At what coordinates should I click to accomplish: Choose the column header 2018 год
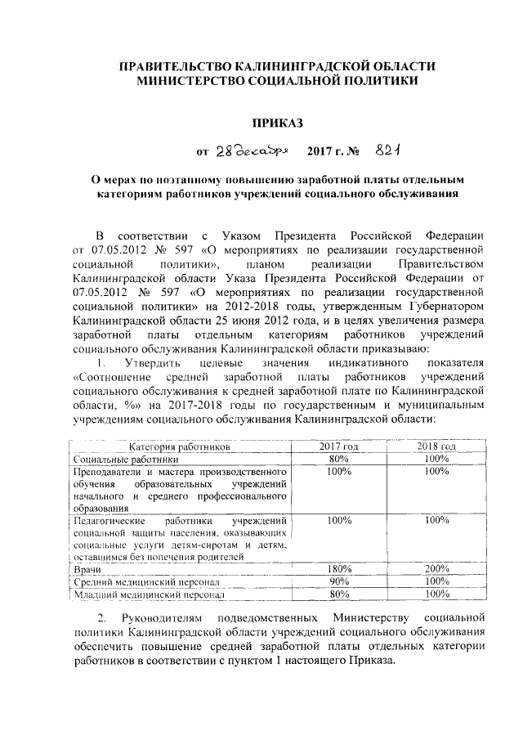tap(437, 447)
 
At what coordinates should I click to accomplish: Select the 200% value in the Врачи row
tap(437, 568)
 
